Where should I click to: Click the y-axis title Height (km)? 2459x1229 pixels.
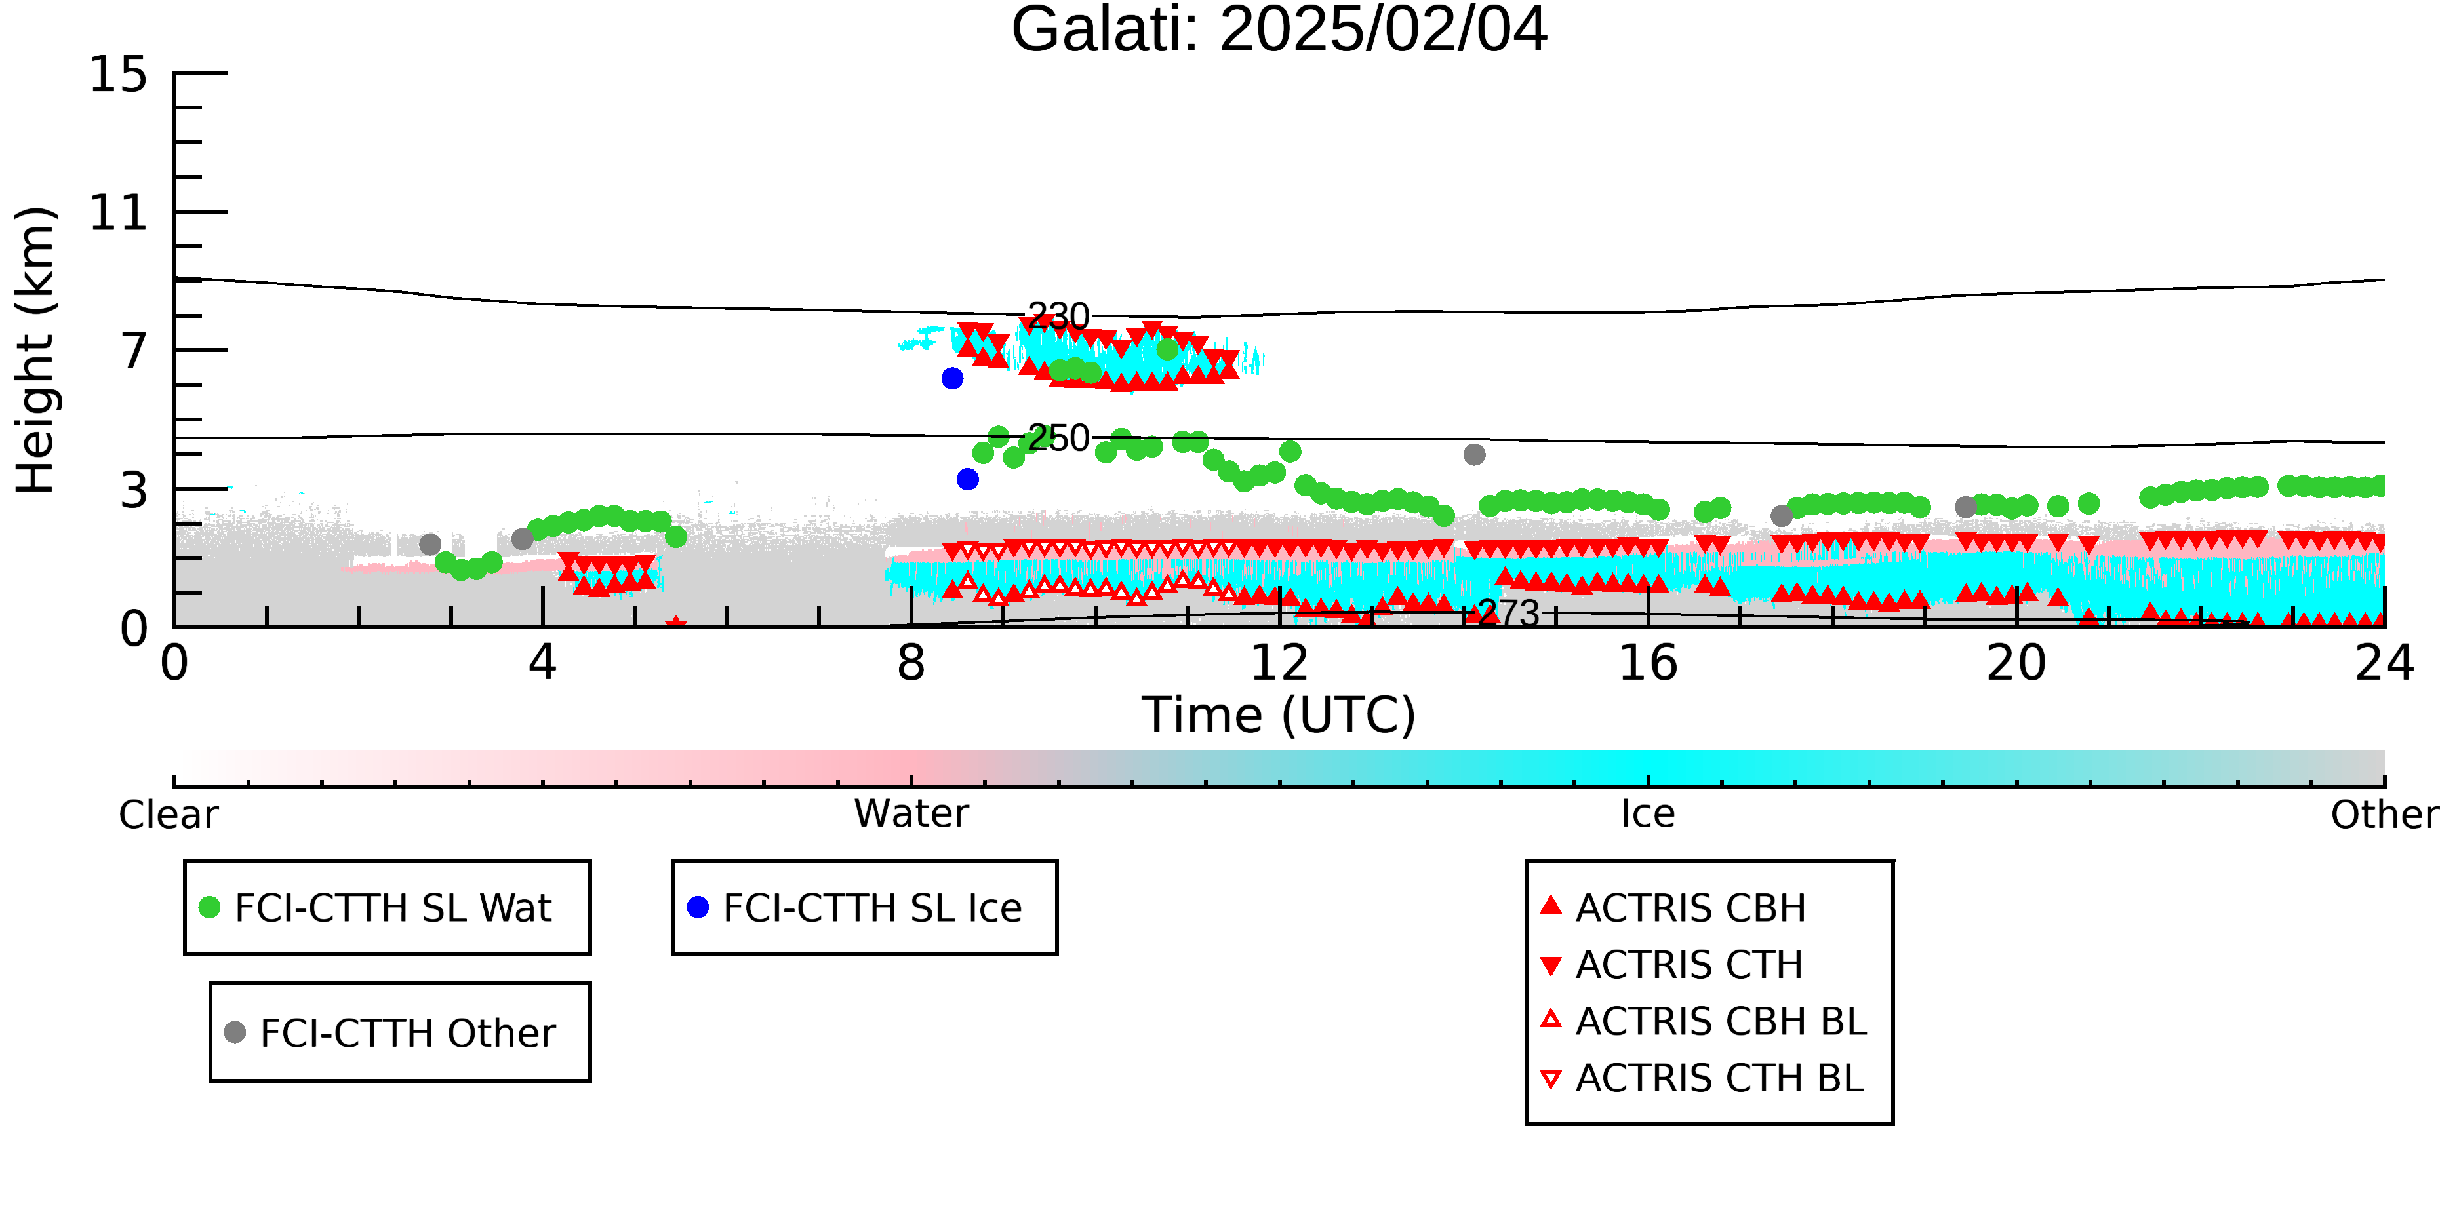pos(35,350)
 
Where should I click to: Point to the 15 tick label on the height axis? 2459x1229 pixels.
pos(119,75)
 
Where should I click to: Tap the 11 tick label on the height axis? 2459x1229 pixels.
pos(119,213)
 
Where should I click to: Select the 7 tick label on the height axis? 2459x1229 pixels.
pos(134,352)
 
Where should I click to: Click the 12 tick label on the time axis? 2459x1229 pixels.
pos(1279,663)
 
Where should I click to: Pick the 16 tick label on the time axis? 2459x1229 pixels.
pos(1648,663)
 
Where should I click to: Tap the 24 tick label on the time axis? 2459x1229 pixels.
pos(2384,663)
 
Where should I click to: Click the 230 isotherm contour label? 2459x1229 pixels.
pos(1058,316)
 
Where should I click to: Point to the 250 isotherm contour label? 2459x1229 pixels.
pos(1058,438)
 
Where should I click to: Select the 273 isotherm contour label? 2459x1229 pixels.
pos(1509,614)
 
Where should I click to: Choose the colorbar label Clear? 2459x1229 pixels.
pos(168,815)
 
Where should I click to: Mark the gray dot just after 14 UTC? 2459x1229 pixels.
pos(1474,454)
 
